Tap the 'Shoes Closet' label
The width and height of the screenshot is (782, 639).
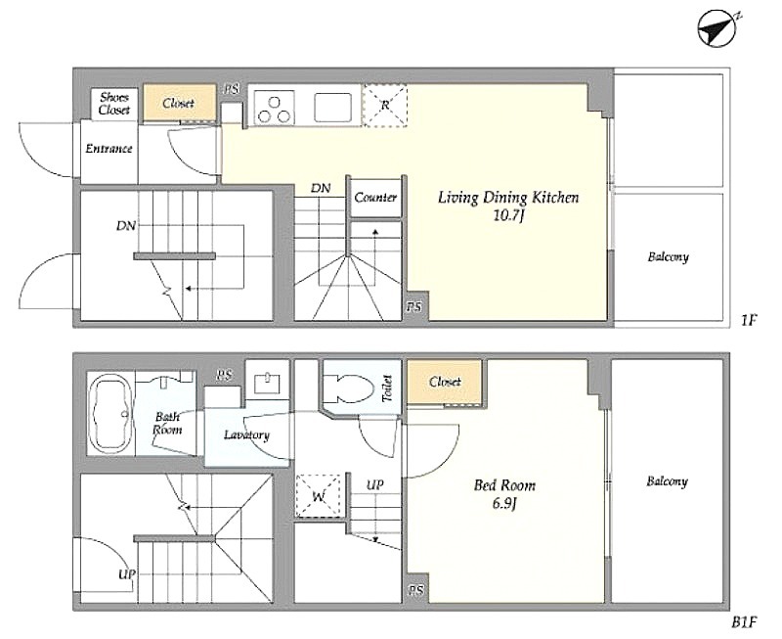[113, 104]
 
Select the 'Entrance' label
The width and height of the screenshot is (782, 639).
[109, 149]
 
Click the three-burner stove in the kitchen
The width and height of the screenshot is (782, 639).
[274, 108]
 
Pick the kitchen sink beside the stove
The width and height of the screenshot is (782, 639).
[332, 107]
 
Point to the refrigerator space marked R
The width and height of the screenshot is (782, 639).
[385, 106]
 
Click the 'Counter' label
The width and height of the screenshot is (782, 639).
[375, 198]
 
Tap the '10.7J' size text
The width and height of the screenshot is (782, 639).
[507, 216]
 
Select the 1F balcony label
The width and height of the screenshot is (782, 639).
[669, 257]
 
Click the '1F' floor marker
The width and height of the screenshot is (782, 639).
[749, 319]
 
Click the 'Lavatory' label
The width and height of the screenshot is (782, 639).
[246, 435]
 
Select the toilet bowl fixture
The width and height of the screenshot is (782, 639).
[349, 389]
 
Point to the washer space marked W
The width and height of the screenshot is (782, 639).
[319, 496]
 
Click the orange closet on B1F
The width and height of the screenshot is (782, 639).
[445, 382]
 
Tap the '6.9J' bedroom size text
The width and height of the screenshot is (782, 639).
[504, 503]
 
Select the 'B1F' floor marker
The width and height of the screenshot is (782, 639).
[744, 622]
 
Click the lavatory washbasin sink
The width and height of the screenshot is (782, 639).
[267, 384]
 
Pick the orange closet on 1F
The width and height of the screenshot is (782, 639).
[179, 103]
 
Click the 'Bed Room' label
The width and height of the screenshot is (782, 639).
[504, 485]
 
